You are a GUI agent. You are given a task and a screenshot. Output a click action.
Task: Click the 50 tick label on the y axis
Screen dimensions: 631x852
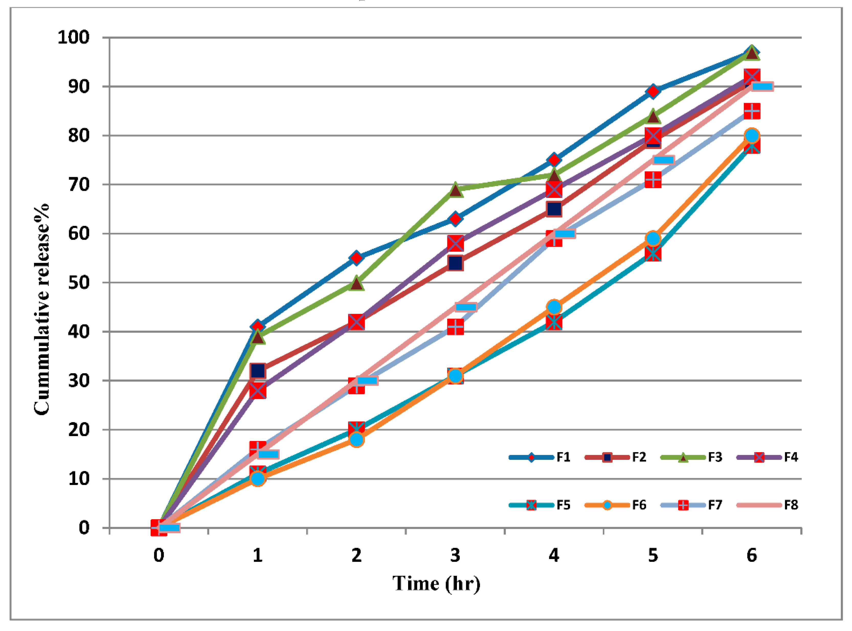[x=79, y=283]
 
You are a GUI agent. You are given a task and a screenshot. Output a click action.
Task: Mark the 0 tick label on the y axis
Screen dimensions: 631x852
[x=84, y=527]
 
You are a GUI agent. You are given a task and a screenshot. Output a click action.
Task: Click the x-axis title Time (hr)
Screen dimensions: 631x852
[x=436, y=583]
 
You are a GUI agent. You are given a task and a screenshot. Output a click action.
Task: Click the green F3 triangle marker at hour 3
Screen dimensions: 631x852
[x=455, y=190]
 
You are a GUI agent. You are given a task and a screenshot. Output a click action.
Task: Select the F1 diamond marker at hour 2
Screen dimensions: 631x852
[x=356, y=258]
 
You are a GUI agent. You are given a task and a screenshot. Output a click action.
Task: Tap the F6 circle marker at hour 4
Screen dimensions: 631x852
[x=554, y=307]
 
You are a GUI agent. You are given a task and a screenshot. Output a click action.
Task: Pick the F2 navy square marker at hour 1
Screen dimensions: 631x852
[x=258, y=371]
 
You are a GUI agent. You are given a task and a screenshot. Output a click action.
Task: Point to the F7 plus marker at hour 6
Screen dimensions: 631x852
[x=752, y=111]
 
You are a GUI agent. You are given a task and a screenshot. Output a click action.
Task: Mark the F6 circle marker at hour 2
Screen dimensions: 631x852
[x=356, y=440]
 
